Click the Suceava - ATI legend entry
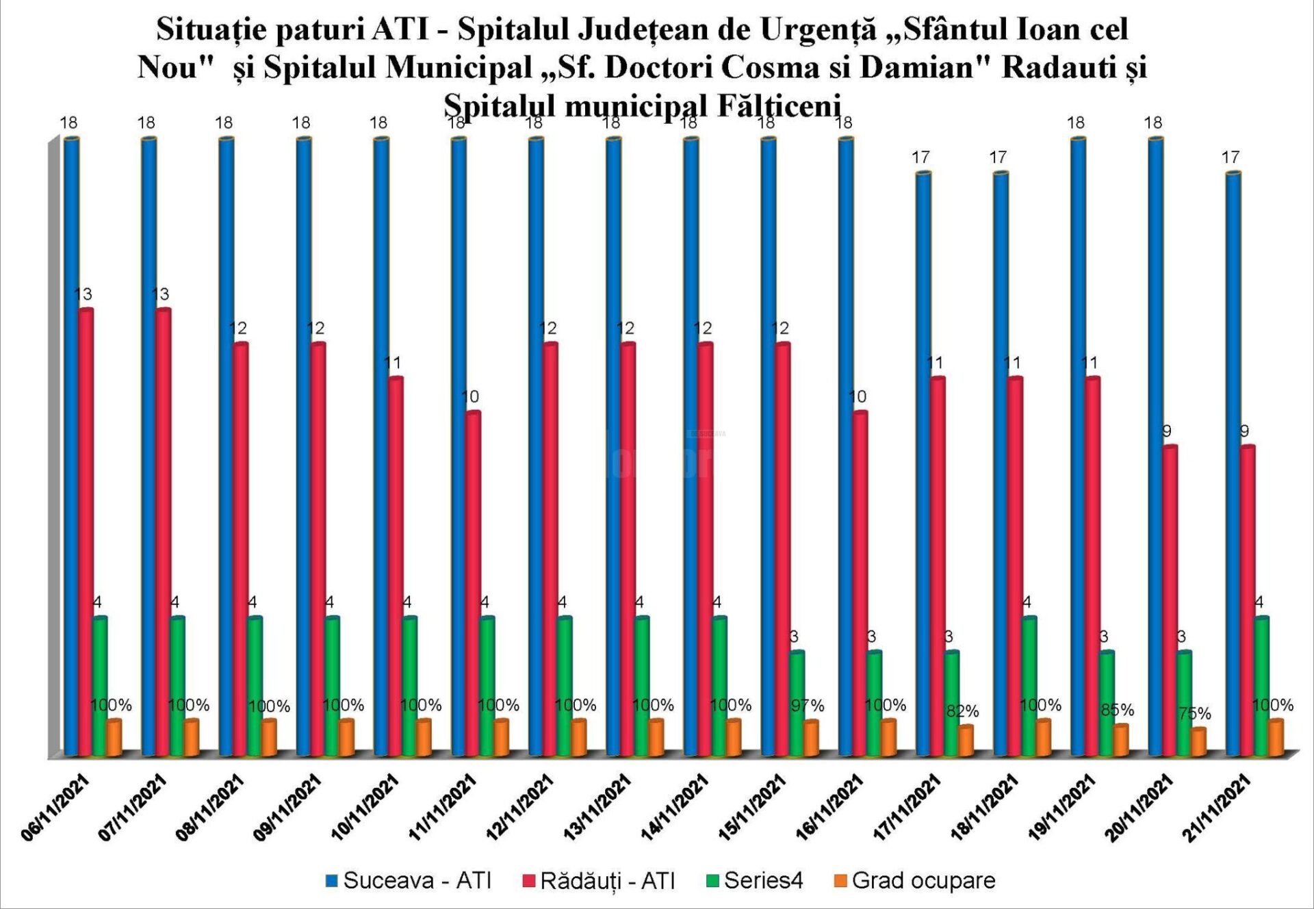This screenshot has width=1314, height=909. (409, 880)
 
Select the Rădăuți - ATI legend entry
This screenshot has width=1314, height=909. (599, 880)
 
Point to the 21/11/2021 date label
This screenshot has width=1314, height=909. (1218, 808)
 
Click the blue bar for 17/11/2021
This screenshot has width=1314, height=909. (923, 465)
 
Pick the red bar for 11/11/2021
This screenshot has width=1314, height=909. (473, 582)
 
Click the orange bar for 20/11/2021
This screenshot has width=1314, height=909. (1198, 742)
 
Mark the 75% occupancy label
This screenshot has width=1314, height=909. (1195, 713)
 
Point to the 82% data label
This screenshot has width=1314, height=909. (962, 711)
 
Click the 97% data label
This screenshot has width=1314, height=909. (808, 705)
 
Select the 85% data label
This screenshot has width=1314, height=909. (1117, 710)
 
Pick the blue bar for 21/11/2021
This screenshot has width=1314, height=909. (1233, 465)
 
